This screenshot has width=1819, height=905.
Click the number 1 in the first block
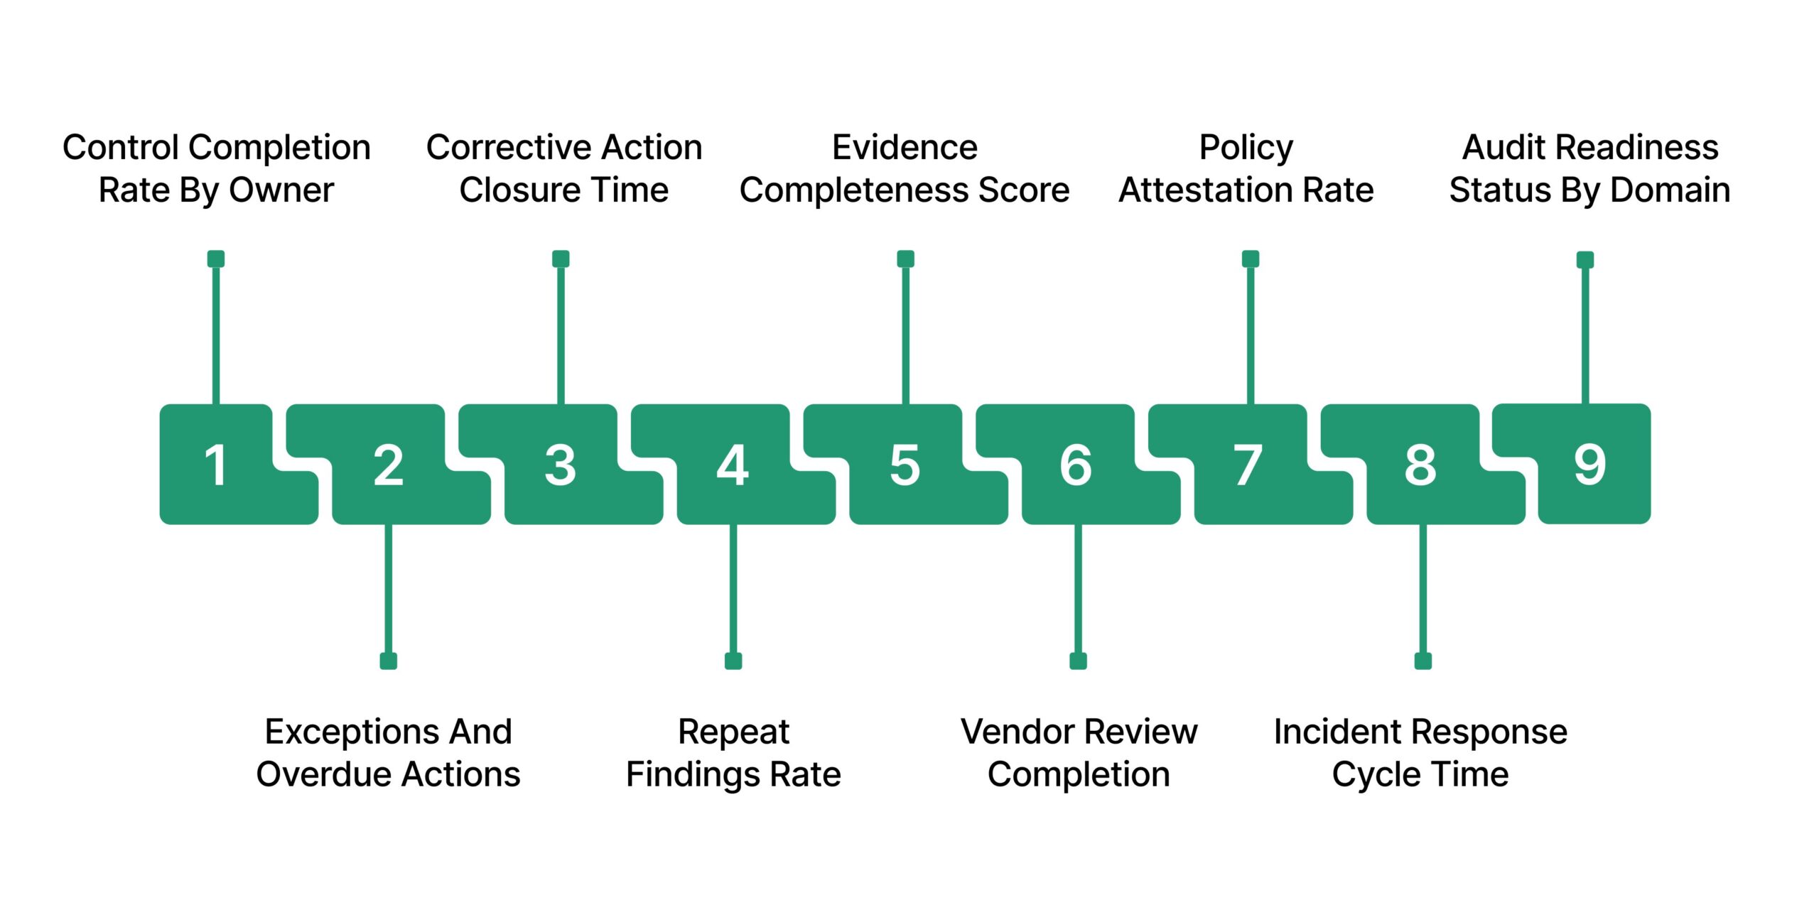point(215,465)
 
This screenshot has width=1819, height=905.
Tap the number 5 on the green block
point(905,465)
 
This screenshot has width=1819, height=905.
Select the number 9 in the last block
point(1589,465)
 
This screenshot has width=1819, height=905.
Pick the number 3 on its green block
point(560,465)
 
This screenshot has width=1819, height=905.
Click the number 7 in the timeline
point(1248,465)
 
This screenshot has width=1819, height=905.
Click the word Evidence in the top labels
point(905,148)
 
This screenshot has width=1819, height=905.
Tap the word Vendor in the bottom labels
point(1019,732)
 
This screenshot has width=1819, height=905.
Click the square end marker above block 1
point(216,259)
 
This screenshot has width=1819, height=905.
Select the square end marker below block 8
point(1423,661)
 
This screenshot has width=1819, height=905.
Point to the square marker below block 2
point(388,661)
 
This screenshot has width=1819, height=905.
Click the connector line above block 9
point(1585,334)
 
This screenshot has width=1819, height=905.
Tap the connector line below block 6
point(1078,590)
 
